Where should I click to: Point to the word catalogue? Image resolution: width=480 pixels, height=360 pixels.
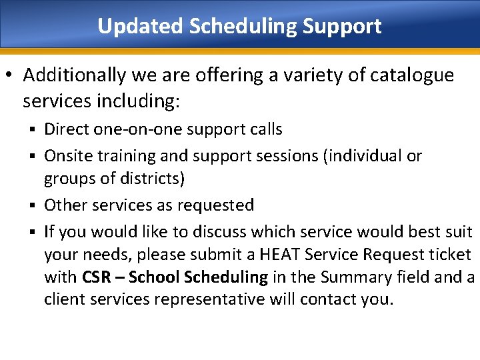pyautogui.click(x=408, y=75)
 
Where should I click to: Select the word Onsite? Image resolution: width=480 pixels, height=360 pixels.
pyautogui.click(x=69, y=156)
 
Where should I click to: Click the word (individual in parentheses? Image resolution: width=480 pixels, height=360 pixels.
pyautogui.click(x=364, y=156)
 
